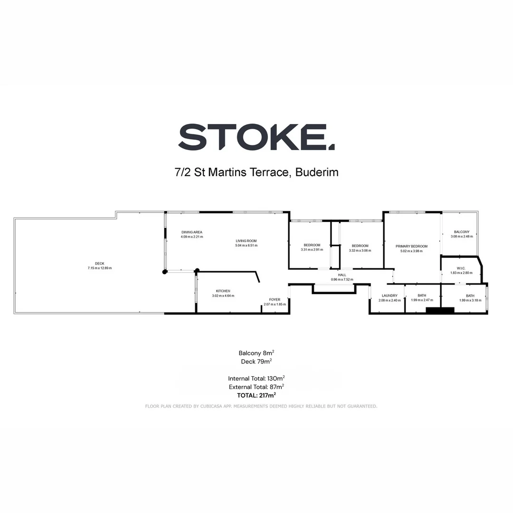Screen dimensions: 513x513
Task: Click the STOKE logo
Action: point(256,137)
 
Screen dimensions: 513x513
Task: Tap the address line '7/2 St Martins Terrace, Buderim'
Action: point(256,172)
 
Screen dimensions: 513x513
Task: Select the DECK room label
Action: point(99,264)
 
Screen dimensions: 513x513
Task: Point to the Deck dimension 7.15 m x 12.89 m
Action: point(99,268)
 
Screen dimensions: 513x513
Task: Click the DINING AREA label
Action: point(192,232)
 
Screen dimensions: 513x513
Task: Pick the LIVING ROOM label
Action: point(246,241)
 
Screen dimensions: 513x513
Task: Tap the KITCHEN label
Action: point(223,291)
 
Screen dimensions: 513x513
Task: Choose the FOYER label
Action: point(275,299)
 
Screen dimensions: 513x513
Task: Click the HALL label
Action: point(342,275)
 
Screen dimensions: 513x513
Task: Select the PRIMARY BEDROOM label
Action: point(411,246)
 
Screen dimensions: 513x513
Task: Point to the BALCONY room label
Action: point(461,232)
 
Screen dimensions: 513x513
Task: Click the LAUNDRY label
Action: point(389,295)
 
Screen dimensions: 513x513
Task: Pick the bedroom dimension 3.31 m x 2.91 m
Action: point(312,250)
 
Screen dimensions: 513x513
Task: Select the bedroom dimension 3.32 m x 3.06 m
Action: point(360,250)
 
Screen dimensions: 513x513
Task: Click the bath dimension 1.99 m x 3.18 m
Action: point(470,300)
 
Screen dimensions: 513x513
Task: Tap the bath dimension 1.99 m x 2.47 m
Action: point(422,300)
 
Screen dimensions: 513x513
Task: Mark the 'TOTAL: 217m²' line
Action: point(256,395)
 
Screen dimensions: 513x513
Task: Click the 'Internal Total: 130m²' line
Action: point(256,379)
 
